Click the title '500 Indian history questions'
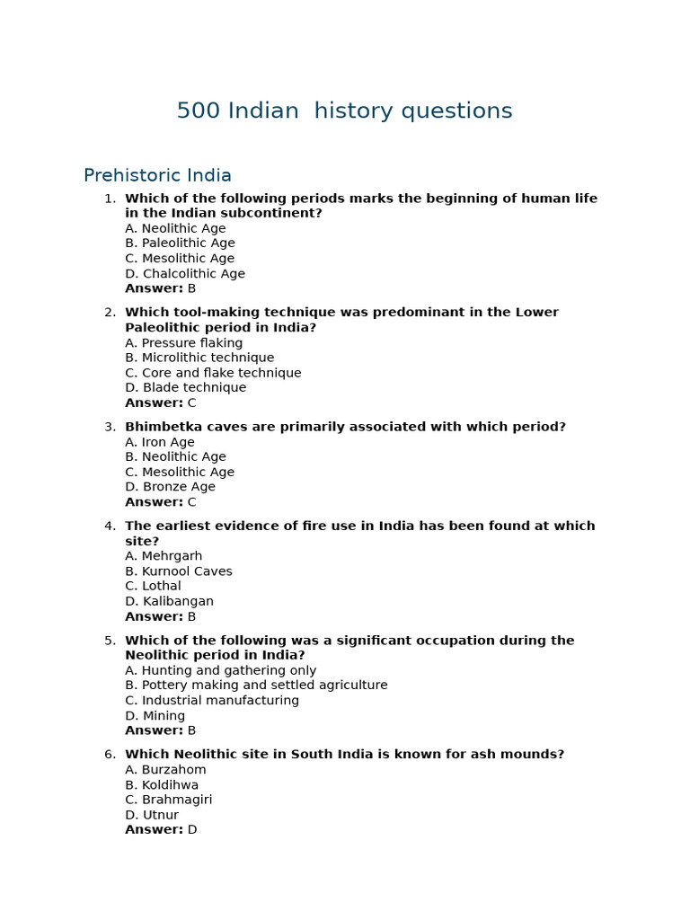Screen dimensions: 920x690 click(x=344, y=111)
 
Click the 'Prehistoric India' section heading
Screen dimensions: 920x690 click(x=157, y=176)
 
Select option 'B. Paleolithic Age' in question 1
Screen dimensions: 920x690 click(x=180, y=243)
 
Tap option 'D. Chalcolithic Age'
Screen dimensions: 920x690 click(x=184, y=274)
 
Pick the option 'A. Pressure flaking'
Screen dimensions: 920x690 click(x=183, y=343)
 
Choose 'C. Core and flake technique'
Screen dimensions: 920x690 click(x=213, y=373)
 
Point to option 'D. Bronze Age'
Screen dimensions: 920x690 click(x=170, y=487)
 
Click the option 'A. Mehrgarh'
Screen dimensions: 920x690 click(x=164, y=556)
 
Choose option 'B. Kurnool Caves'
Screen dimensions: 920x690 click(x=178, y=571)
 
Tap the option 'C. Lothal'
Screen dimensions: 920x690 click(x=153, y=586)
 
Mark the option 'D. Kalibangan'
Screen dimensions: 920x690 click(x=169, y=601)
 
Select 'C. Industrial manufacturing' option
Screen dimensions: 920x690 click(x=212, y=701)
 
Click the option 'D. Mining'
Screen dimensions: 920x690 click(x=155, y=716)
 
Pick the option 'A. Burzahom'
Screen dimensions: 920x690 click(x=165, y=770)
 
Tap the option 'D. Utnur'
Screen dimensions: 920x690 click(x=152, y=815)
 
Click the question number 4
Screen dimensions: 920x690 click(x=110, y=526)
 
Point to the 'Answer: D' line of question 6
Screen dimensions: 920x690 click(x=161, y=830)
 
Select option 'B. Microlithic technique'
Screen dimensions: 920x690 click(x=199, y=358)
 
